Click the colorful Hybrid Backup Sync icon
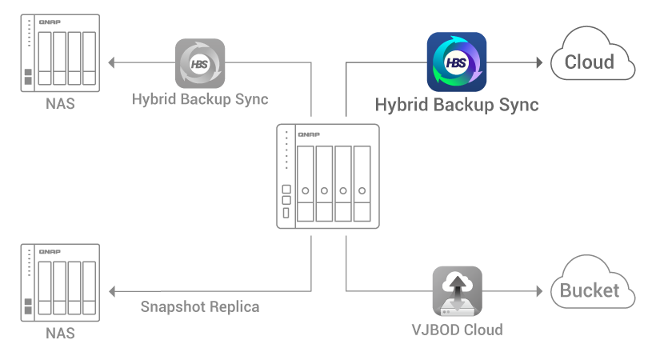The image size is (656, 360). click(x=457, y=62)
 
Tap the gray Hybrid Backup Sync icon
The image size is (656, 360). click(x=200, y=63)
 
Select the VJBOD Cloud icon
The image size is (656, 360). click(x=457, y=290)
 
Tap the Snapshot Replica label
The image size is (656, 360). click(x=200, y=306)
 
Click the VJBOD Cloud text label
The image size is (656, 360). click(x=457, y=329)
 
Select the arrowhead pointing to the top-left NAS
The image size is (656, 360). click(x=111, y=62)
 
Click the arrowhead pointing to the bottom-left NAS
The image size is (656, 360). click(x=111, y=291)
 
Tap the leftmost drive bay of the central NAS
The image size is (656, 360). click(x=305, y=184)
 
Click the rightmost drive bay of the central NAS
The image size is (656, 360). click(x=362, y=184)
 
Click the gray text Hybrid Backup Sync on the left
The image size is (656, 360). click(x=200, y=100)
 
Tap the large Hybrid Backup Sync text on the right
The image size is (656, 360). click(x=457, y=105)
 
